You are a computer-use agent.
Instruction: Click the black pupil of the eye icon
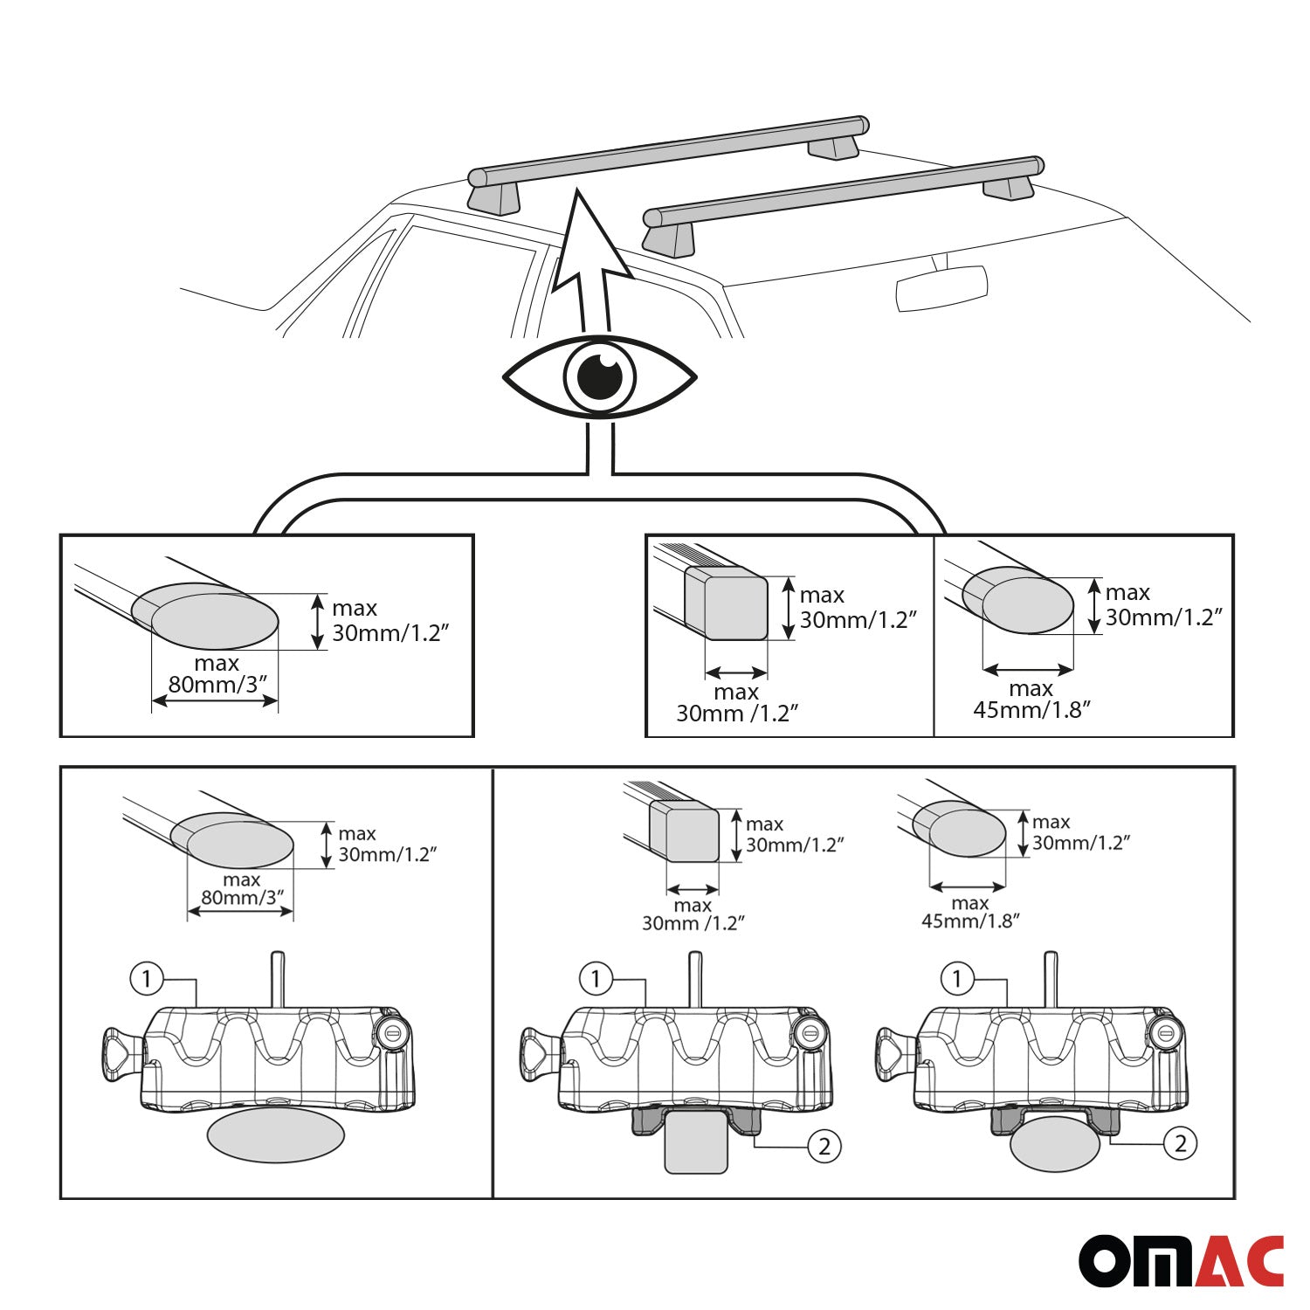click(600, 377)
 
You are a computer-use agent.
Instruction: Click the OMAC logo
click(1181, 1260)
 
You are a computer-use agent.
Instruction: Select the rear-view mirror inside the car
click(941, 288)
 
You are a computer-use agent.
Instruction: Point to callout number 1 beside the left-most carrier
click(147, 978)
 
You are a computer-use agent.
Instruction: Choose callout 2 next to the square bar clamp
click(824, 1146)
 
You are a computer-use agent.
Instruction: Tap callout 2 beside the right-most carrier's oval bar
click(1180, 1143)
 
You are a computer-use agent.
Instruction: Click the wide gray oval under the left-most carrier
click(275, 1135)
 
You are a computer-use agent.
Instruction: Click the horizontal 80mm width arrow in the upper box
click(215, 700)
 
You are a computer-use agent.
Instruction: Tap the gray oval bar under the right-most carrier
click(1054, 1144)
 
